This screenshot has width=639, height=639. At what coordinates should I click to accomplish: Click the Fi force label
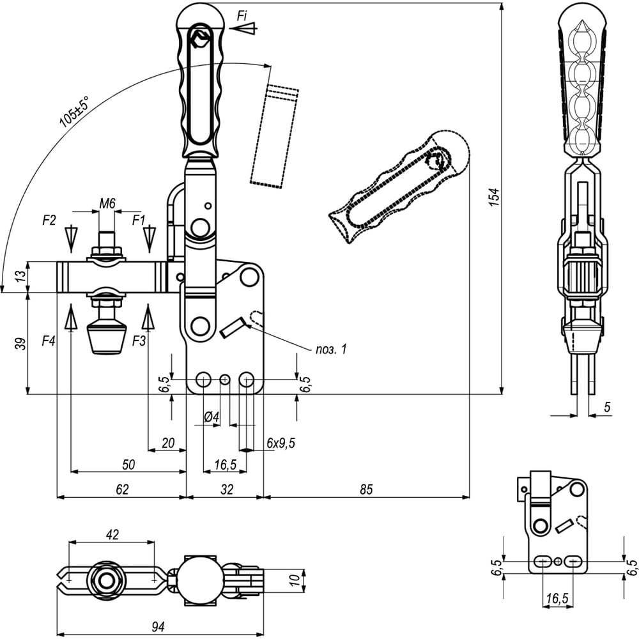click(x=242, y=16)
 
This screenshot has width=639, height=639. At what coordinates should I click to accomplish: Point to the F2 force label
click(x=49, y=220)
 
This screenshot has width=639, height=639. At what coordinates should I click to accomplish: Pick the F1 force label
click(x=139, y=220)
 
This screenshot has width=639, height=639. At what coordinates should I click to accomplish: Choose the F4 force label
click(x=49, y=341)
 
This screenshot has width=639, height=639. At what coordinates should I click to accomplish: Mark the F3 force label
click(x=139, y=341)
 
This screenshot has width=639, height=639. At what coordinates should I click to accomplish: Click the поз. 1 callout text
click(x=331, y=349)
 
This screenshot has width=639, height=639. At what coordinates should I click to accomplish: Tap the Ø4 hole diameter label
click(x=212, y=417)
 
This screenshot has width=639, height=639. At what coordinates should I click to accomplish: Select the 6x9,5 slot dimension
click(x=281, y=443)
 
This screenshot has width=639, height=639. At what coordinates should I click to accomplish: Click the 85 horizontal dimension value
click(x=366, y=489)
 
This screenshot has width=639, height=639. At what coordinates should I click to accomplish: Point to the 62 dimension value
click(x=122, y=489)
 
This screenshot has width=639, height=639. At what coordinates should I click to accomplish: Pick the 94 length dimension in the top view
click(x=160, y=627)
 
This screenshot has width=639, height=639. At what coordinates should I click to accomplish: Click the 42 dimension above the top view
click(x=112, y=535)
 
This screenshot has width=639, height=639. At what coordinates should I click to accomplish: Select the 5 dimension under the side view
click(x=607, y=406)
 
